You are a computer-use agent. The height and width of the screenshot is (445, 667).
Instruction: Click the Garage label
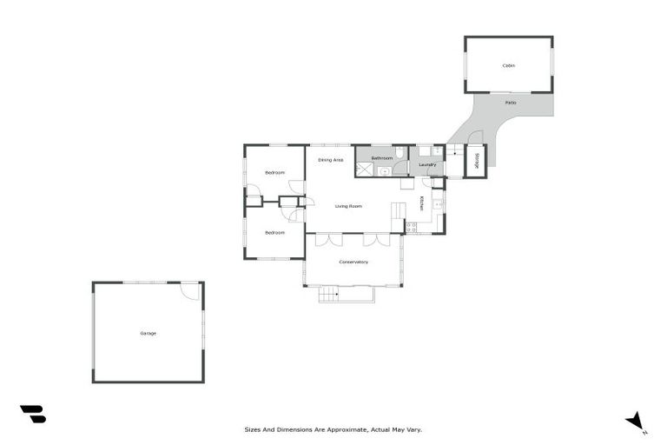point(149,333)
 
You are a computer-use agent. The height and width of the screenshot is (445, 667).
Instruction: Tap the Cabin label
point(508,65)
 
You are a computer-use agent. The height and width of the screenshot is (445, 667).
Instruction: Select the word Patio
point(511,103)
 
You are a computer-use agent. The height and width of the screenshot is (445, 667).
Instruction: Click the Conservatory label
point(353,262)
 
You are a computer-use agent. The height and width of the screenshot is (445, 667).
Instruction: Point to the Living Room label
point(348,206)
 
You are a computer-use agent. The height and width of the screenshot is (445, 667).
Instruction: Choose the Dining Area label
point(330,160)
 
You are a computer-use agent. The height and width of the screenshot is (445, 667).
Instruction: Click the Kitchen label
point(422,203)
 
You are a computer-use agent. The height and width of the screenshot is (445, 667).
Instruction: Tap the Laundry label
point(426,164)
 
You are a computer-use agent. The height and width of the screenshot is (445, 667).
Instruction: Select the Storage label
point(476,160)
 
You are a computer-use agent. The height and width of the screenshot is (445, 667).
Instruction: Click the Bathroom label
point(382,158)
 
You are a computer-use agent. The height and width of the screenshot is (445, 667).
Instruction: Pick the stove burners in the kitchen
point(412,227)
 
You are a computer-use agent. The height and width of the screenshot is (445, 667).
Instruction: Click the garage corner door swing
point(189,291)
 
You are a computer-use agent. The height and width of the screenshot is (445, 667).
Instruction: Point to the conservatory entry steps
point(328,295)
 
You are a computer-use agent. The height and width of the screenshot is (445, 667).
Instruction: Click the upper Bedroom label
point(274,173)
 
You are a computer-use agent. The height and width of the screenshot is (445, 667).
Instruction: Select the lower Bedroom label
point(274,232)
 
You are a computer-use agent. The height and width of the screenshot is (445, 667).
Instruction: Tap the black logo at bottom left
point(32,414)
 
